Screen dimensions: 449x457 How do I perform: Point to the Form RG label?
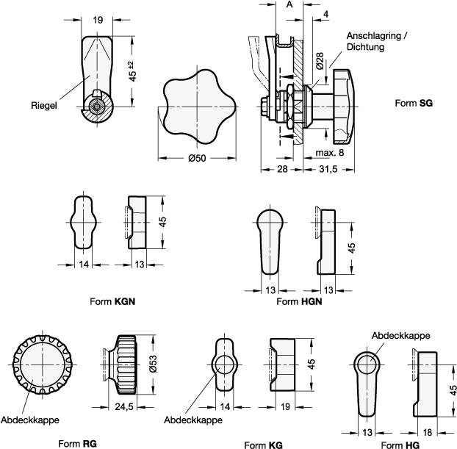tap(78, 444)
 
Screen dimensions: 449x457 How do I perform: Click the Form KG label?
tap(263, 445)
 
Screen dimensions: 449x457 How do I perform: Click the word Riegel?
tap(44, 104)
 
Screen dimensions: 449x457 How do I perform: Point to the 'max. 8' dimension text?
tap(330, 152)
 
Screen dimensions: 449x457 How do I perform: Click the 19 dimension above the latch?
tap(98, 21)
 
